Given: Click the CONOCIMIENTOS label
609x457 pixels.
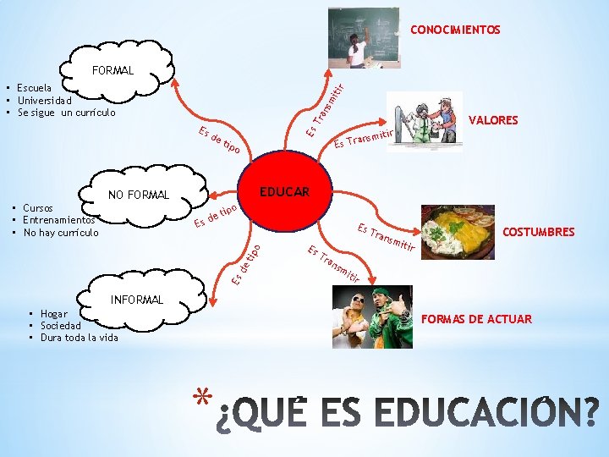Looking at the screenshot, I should click(455, 30).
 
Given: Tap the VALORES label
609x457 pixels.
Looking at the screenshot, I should click(492, 121).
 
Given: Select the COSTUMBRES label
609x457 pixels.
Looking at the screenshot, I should click(538, 232).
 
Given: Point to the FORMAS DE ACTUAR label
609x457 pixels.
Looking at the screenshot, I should click(476, 319).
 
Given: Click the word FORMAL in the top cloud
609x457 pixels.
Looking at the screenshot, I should click(112, 71).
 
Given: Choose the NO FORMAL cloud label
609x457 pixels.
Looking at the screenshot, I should click(139, 195).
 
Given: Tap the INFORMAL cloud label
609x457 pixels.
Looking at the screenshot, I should click(136, 300).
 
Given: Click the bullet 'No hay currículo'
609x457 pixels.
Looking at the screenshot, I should click(61, 232).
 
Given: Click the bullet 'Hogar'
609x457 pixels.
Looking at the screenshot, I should click(53, 314).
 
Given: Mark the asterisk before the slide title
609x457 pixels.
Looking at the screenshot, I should click(200, 398).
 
